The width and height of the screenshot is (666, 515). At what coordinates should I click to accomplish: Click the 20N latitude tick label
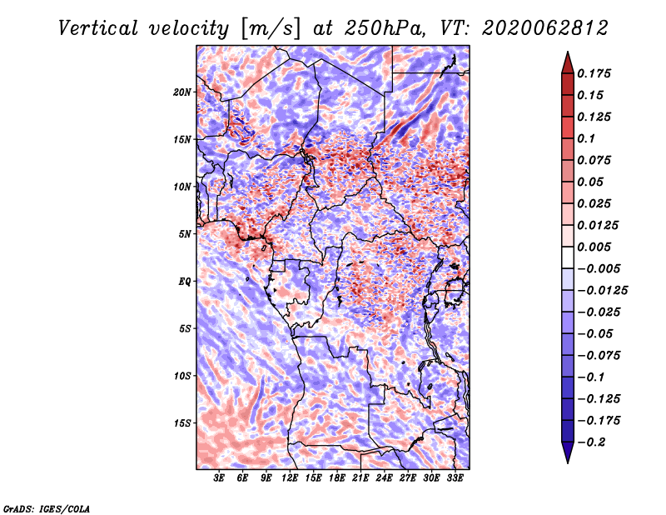pos(182,92)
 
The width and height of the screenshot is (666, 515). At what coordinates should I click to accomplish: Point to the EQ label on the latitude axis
pos(184,281)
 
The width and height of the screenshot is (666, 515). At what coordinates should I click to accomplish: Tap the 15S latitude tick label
pos(182,422)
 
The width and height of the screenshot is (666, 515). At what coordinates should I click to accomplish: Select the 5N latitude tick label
pos(185,233)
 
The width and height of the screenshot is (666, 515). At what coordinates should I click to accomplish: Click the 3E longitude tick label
pos(220,478)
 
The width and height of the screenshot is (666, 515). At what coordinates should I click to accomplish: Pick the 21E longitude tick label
pos(360,478)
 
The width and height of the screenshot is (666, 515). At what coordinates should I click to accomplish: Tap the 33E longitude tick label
pos(455,478)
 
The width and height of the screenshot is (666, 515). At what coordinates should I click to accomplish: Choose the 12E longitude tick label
pos(291,478)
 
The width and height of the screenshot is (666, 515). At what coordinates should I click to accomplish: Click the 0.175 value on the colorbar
pos(596,73)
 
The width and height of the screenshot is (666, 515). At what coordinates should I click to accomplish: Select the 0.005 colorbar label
pos(596,247)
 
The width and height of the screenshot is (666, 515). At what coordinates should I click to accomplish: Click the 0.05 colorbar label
pos(592,182)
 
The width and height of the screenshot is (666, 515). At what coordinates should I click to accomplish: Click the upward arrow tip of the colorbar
pos(567,55)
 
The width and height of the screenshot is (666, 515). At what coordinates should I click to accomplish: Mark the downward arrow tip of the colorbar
pos(567,461)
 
